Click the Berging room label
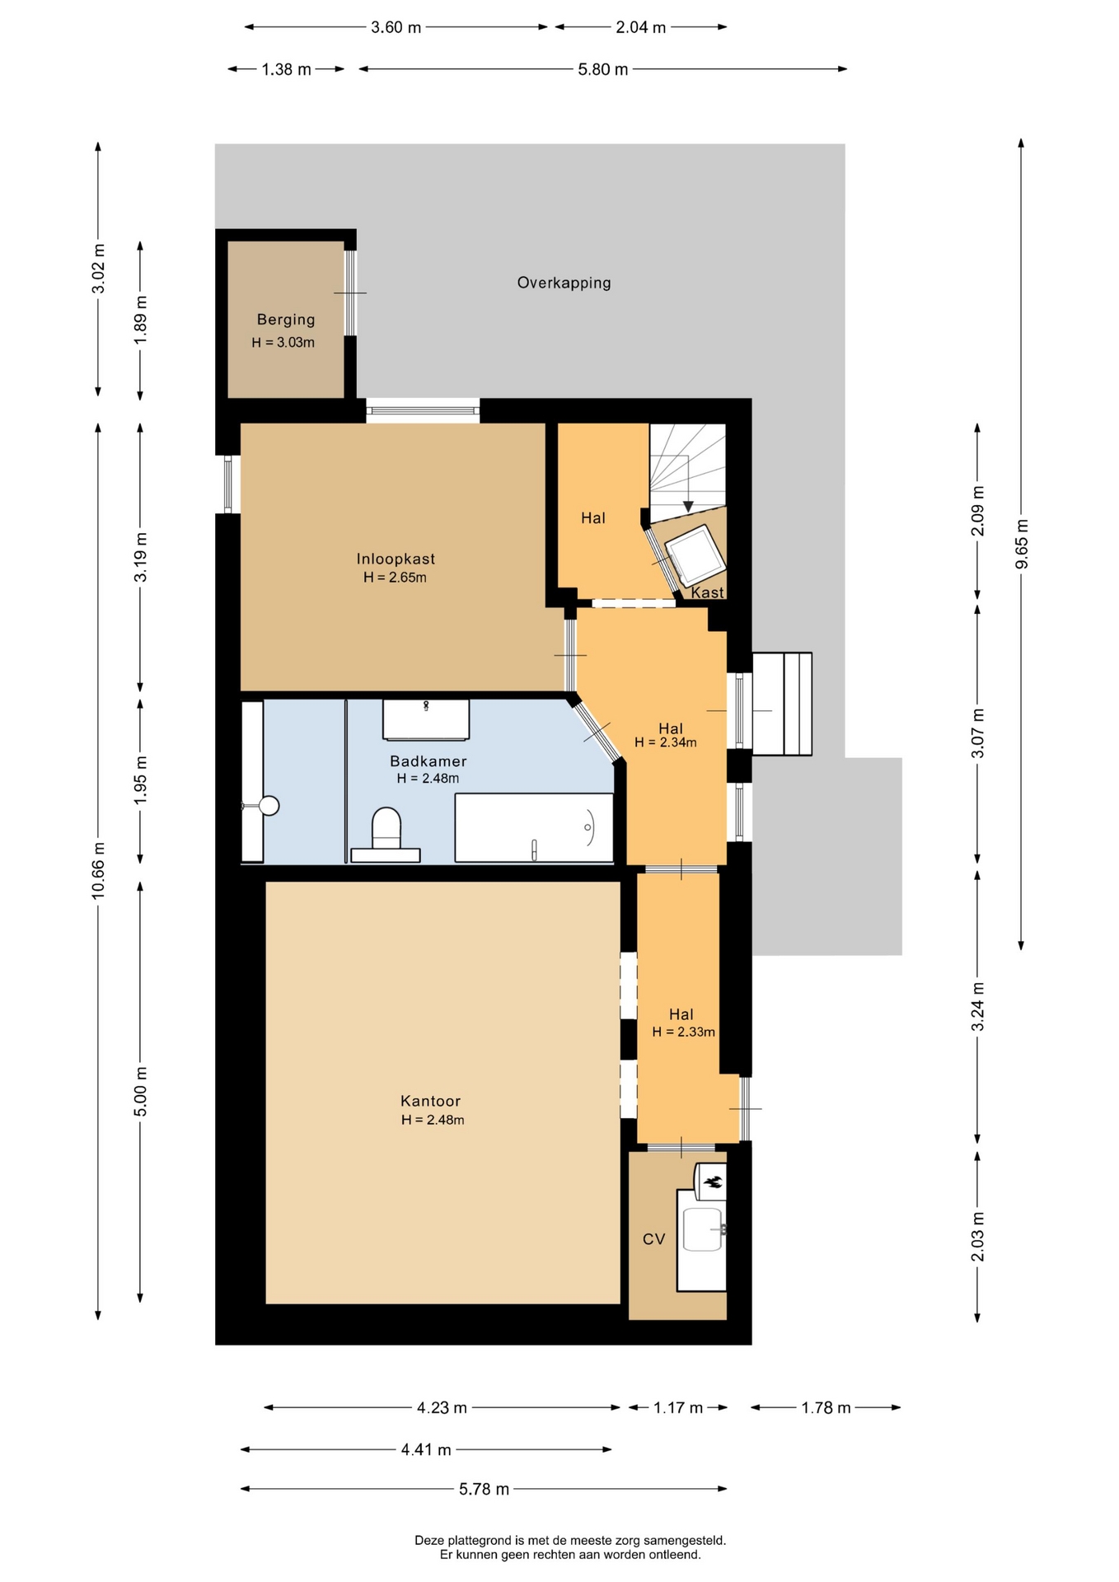[x=286, y=320]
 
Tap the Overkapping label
[x=564, y=283]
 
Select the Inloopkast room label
[x=396, y=559]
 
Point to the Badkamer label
[x=428, y=761]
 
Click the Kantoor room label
[x=431, y=1101]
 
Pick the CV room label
[x=654, y=1239]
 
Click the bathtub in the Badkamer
[x=534, y=827]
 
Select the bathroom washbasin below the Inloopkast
[x=426, y=719]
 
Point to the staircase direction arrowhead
[x=688, y=507]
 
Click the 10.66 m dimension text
[x=98, y=872]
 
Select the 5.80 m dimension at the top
[x=603, y=69]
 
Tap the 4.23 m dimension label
[x=442, y=1407]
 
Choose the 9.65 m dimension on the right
[x=1022, y=544]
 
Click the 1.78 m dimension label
[x=826, y=1407]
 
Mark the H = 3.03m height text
[x=283, y=343]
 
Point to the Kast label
[x=707, y=592]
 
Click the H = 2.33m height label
[x=684, y=1032]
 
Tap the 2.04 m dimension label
[x=641, y=27]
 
